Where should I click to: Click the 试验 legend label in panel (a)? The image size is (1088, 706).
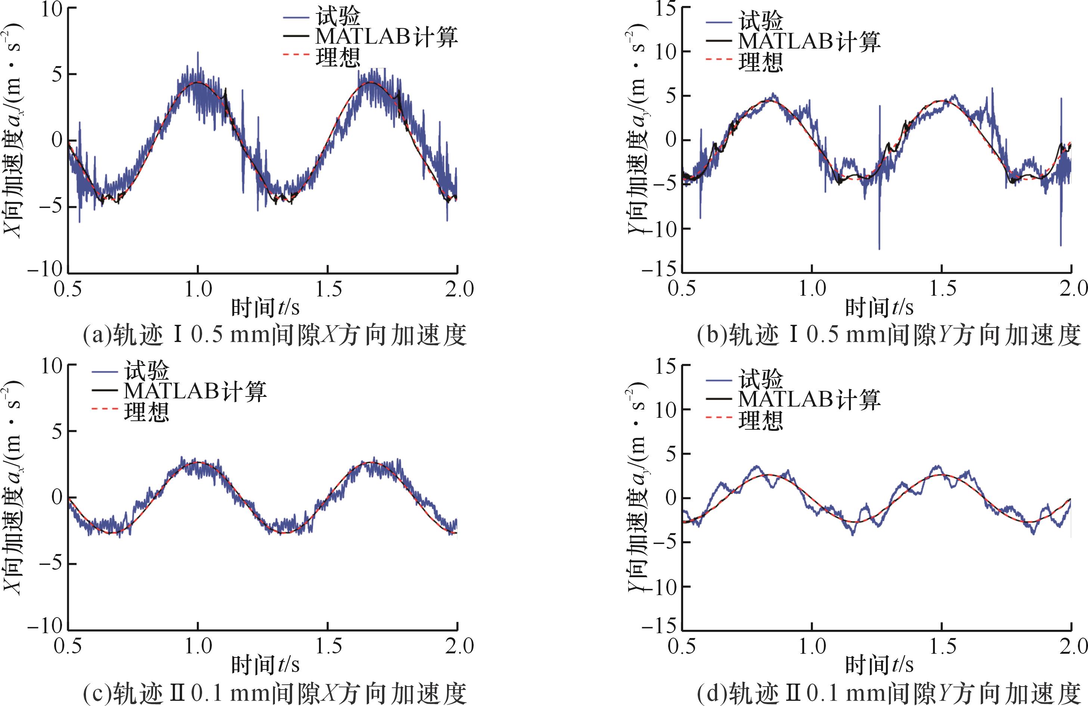click(x=338, y=17)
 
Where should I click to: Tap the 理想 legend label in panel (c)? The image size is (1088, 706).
click(x=146, y=412)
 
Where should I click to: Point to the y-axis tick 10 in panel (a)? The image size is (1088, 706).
click(x=51, y=9)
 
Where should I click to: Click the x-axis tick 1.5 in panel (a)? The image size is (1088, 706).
click(x=328, y=289)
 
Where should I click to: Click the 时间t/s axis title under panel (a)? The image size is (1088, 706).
click(x=265, y=308)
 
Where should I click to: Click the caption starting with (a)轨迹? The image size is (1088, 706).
click(x=274, y=335)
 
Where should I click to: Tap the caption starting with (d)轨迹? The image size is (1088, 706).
click(x=888, y=693)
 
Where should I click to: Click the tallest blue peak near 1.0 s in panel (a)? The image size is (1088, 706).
click(x=198, y=53)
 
